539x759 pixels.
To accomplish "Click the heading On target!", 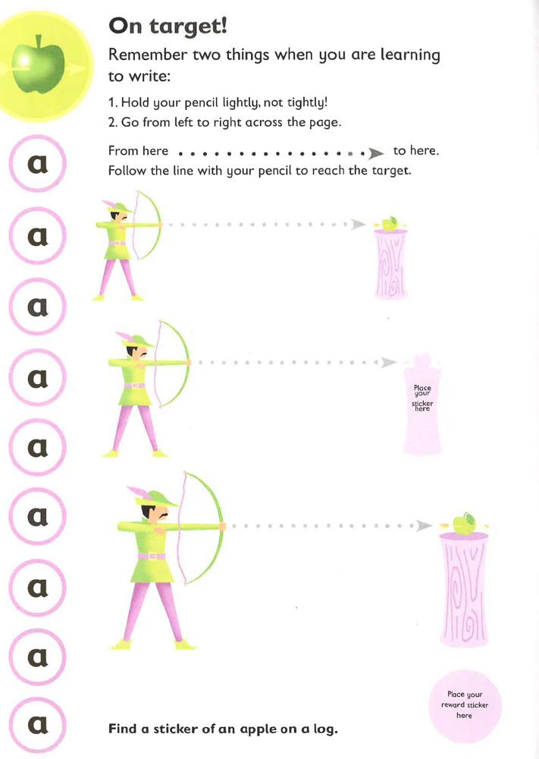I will pos(168,26).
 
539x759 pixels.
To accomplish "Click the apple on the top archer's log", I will pos(390,223).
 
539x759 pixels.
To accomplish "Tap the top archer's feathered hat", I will pos(118,207).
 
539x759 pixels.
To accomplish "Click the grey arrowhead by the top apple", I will pos(359,225).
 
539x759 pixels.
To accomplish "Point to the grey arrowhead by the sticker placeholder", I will pos(389,363).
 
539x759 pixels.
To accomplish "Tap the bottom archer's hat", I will pos(160,498).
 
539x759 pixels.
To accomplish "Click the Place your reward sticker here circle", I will pos(465,705).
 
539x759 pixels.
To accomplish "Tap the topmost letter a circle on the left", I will pos(37,162).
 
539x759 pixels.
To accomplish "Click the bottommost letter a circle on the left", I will pos(37,726).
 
